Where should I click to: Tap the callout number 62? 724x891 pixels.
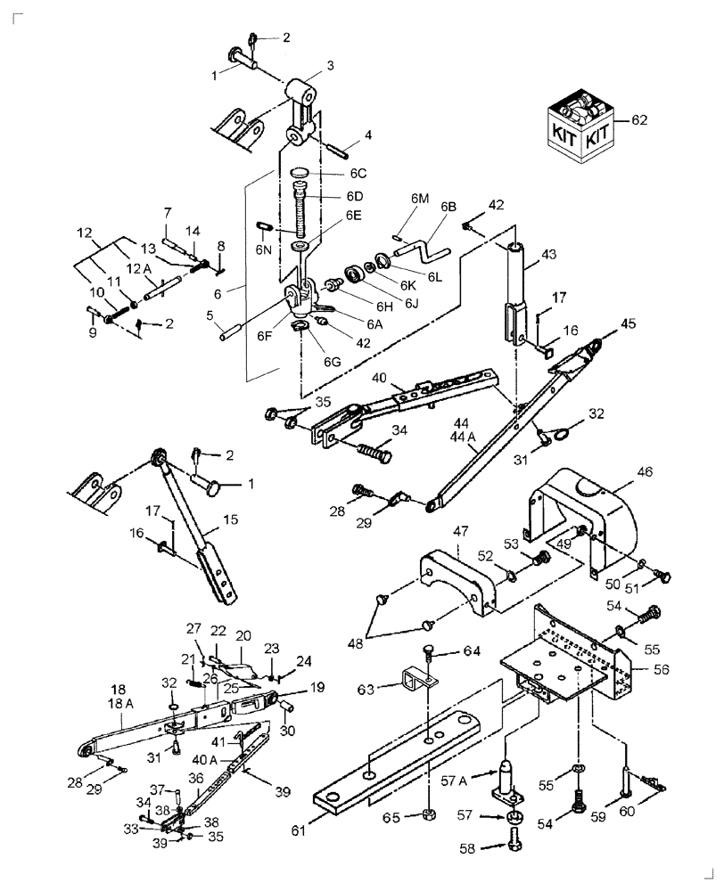640,119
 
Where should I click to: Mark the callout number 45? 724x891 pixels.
629,323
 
